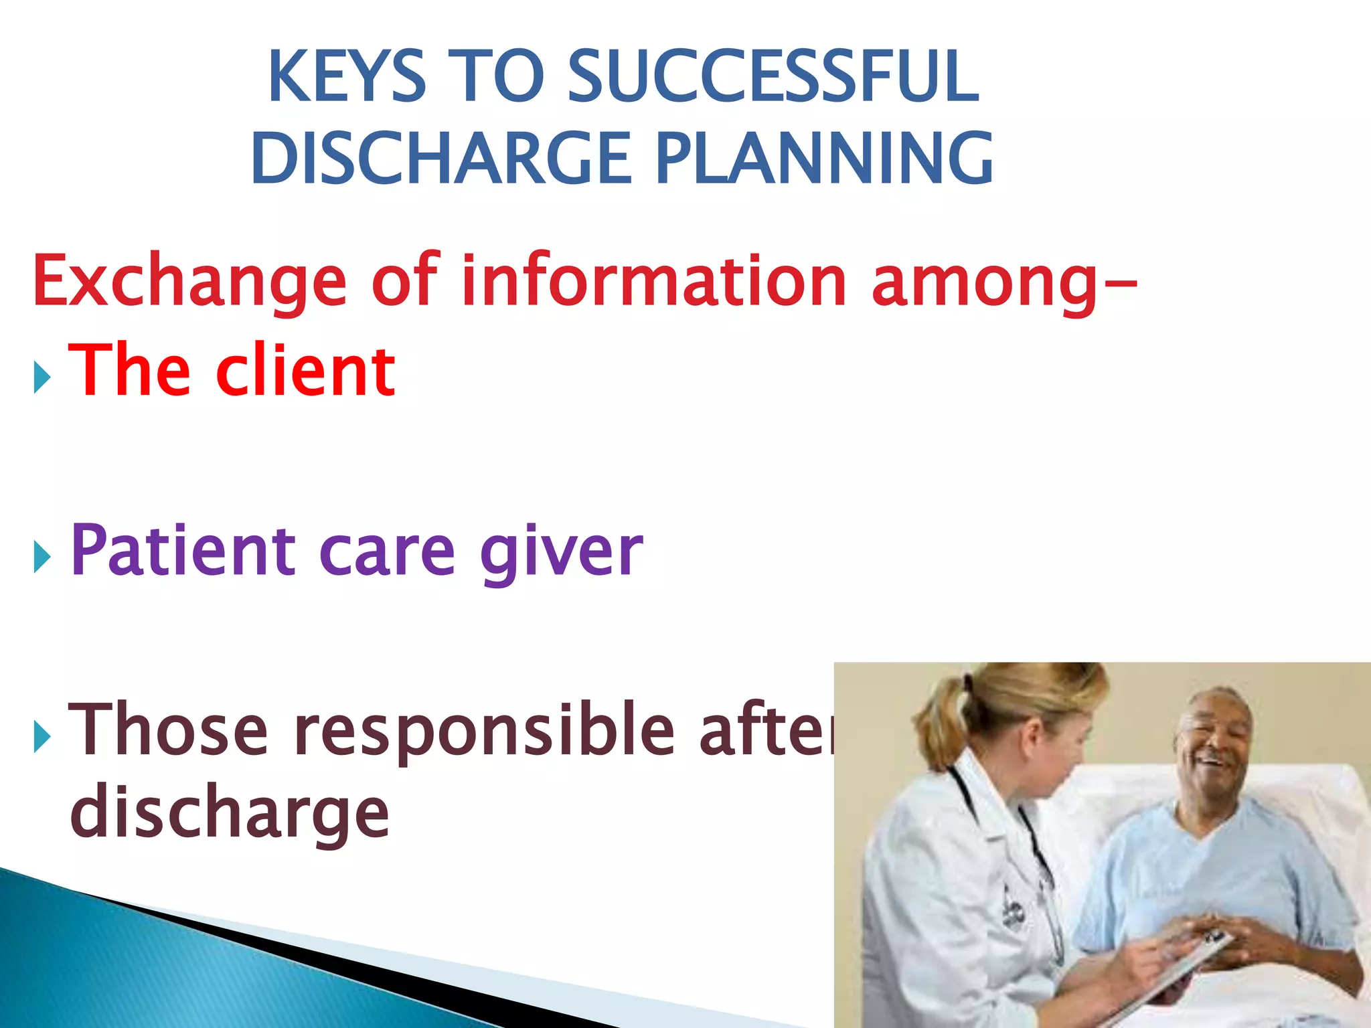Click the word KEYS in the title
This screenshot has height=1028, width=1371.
[x=347, y=77]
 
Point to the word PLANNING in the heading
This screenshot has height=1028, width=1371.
[x=825, y=159]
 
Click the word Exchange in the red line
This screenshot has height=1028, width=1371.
[x=189, y=281]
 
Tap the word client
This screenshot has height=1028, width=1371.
[x=305, y=371]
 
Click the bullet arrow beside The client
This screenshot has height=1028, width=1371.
[x=42, y=379]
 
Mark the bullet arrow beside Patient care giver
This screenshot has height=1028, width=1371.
[x=42, y=558]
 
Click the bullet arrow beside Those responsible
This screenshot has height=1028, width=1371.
[x=42, y=737]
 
